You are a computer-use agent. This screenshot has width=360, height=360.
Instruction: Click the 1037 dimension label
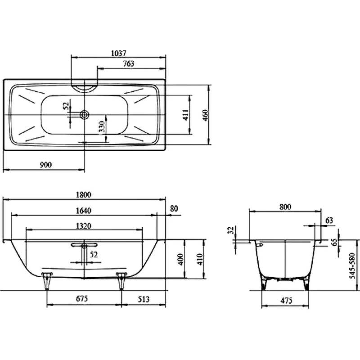pyautogui.click(x=118, y=53)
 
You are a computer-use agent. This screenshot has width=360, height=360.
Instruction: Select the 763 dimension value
pyautogui.click(x=129, y=63)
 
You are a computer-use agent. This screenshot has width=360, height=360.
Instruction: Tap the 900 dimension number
pyautogui.click(x=46, y=165)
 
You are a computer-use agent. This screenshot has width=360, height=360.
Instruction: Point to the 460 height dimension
pyautogui.click(x=206, y=115)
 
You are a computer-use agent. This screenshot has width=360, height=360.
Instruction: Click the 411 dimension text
pyautogui.click(x=185, y=115)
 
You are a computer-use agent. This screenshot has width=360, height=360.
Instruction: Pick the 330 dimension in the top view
pyautogui.click(x=102, y=127)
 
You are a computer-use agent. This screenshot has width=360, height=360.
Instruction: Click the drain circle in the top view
pyautogui.click(x=85, y=114)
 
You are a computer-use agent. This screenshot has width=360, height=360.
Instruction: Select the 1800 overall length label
pyautogui.click(x=84, y=195)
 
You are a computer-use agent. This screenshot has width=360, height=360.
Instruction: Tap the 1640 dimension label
pyautogui.click(x=84, y=211)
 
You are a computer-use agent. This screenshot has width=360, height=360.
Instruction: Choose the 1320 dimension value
pyautogui.click(x=84, y=226)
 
